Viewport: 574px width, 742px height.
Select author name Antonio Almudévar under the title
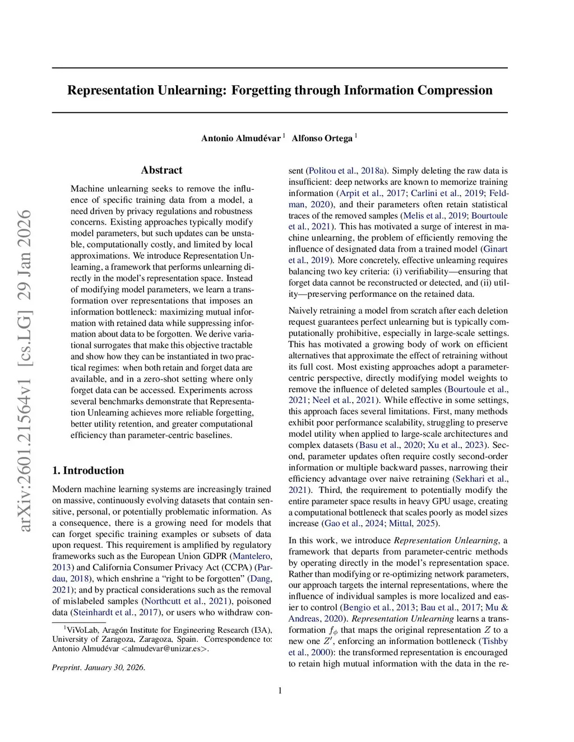click(241, 138)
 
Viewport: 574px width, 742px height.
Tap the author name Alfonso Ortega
click(322, 138)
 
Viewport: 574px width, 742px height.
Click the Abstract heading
click(161, 170)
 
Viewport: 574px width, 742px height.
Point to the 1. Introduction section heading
click(88, 470)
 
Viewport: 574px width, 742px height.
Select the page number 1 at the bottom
click(280, 690)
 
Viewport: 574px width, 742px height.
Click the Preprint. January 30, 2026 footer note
click(99, 668)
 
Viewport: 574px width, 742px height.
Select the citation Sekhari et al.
click(481, 479)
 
